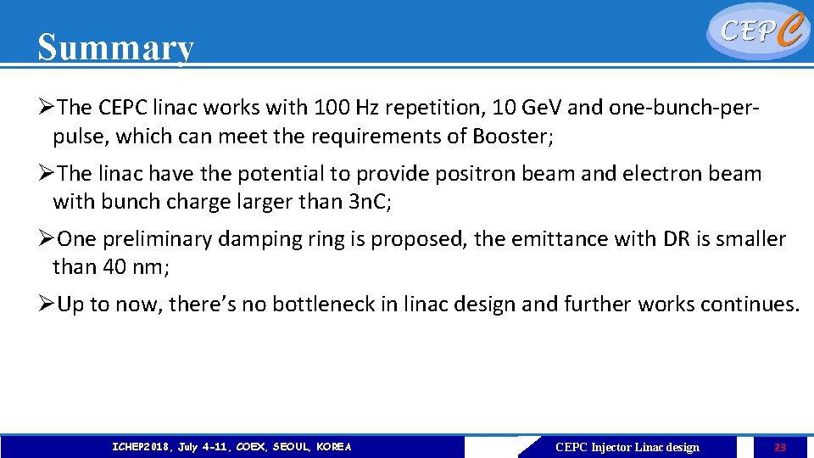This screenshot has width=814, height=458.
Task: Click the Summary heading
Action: click(x=115, y=47)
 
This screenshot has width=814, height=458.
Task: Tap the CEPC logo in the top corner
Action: click(x=757, y=31)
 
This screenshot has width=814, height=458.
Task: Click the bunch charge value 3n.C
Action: click(x=365, y=202)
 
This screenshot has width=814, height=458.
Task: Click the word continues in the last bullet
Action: click(x=750, y=304)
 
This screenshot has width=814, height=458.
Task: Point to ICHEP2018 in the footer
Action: click(x=141, y=447)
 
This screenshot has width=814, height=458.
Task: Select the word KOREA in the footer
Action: click(x=333, y=447)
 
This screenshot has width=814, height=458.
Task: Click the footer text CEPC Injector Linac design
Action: click(x=627, y=447)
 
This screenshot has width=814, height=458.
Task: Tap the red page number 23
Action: click(x=780, y=447)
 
